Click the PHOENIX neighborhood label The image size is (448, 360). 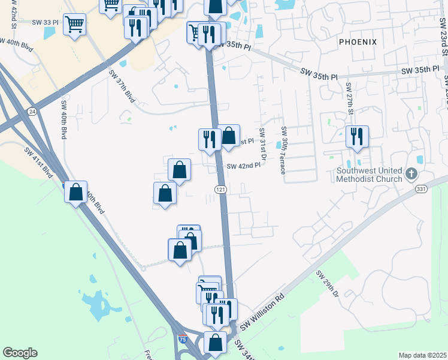pos(358,42)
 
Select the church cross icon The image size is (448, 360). pos(410,174)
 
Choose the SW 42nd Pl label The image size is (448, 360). pos(244,166)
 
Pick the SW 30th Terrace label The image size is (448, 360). pos(284,149)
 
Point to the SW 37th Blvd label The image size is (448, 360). pos(120,86)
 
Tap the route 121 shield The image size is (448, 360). pos(220,190)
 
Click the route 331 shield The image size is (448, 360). pos(421,189)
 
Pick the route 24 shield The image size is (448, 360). pos(31,111)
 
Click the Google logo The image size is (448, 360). pos(20,353)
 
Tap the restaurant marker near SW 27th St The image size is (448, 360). pos(357,136)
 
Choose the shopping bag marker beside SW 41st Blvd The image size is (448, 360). pos(76,193)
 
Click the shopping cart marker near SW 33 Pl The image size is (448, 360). pos(74,25)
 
